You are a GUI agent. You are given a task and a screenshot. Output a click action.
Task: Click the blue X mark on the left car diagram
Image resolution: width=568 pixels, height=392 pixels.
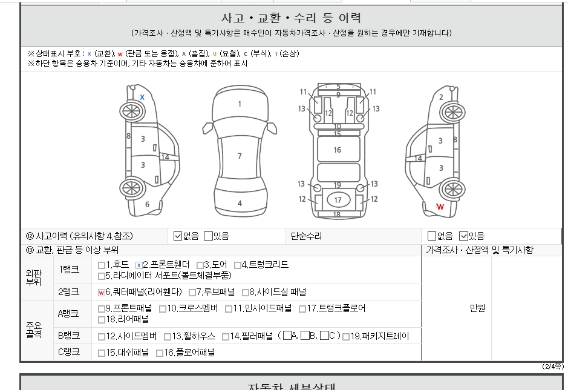142,98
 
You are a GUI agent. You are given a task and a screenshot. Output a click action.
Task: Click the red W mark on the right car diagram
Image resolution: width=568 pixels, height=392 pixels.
440,207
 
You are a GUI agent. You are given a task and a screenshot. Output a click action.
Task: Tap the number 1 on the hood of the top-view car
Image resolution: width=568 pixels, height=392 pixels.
240,104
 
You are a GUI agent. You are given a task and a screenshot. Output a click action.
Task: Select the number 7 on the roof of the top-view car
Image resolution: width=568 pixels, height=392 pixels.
240,156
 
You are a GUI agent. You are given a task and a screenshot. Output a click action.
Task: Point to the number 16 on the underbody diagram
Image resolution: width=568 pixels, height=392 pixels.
338,150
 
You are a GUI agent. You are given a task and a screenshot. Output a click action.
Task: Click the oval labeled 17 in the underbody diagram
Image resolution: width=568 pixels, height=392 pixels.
338,200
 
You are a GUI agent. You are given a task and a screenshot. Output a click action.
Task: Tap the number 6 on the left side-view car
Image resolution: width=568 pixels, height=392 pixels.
147,204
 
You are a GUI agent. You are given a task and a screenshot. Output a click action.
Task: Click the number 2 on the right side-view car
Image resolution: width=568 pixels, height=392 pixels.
441,98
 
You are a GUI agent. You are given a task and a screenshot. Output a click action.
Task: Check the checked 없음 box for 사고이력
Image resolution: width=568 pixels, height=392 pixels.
177,236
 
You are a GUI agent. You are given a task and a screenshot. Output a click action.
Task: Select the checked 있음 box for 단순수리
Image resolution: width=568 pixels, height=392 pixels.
463,236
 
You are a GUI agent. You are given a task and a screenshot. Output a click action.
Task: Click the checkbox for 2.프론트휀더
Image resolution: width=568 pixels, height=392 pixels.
139,265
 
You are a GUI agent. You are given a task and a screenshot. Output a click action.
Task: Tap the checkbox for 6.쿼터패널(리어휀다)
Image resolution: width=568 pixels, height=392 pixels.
102,293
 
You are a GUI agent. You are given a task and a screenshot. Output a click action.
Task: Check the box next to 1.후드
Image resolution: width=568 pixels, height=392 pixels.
102,265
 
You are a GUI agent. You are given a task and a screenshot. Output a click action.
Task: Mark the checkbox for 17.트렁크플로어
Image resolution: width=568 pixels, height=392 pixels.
302,309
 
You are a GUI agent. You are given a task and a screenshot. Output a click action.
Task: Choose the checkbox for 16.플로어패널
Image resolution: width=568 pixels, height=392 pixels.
159,353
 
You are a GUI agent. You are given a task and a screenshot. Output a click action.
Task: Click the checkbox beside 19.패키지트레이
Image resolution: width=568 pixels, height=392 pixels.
346,337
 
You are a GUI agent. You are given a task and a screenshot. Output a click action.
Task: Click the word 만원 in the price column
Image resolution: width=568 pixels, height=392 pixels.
477,308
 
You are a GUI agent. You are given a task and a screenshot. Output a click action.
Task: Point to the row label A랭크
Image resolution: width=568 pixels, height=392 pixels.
68,314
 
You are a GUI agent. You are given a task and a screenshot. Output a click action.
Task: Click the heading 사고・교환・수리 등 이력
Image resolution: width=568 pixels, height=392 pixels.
291,18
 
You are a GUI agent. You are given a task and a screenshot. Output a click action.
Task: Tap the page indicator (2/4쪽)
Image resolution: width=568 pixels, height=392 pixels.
553,367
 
